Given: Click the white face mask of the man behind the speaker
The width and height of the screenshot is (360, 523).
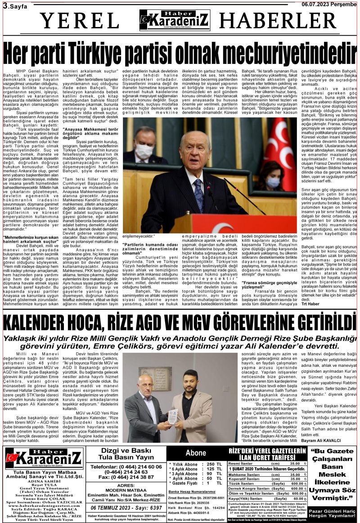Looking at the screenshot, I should coord(144,150).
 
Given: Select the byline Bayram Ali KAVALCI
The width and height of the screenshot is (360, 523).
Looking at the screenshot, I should coord(321,441).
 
